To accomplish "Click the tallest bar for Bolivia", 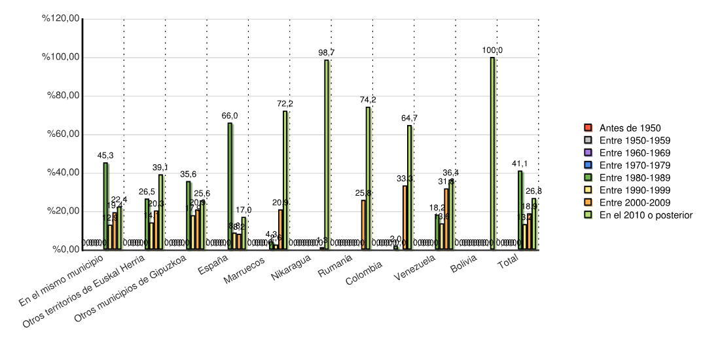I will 492,153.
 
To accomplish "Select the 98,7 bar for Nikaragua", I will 327,154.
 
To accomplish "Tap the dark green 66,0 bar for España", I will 230,186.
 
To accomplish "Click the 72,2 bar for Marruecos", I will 285,180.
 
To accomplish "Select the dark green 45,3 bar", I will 105,206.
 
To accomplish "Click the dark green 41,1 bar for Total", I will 520,209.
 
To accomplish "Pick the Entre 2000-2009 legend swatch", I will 588,202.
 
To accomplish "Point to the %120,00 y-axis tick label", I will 60,19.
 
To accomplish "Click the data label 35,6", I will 189,174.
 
